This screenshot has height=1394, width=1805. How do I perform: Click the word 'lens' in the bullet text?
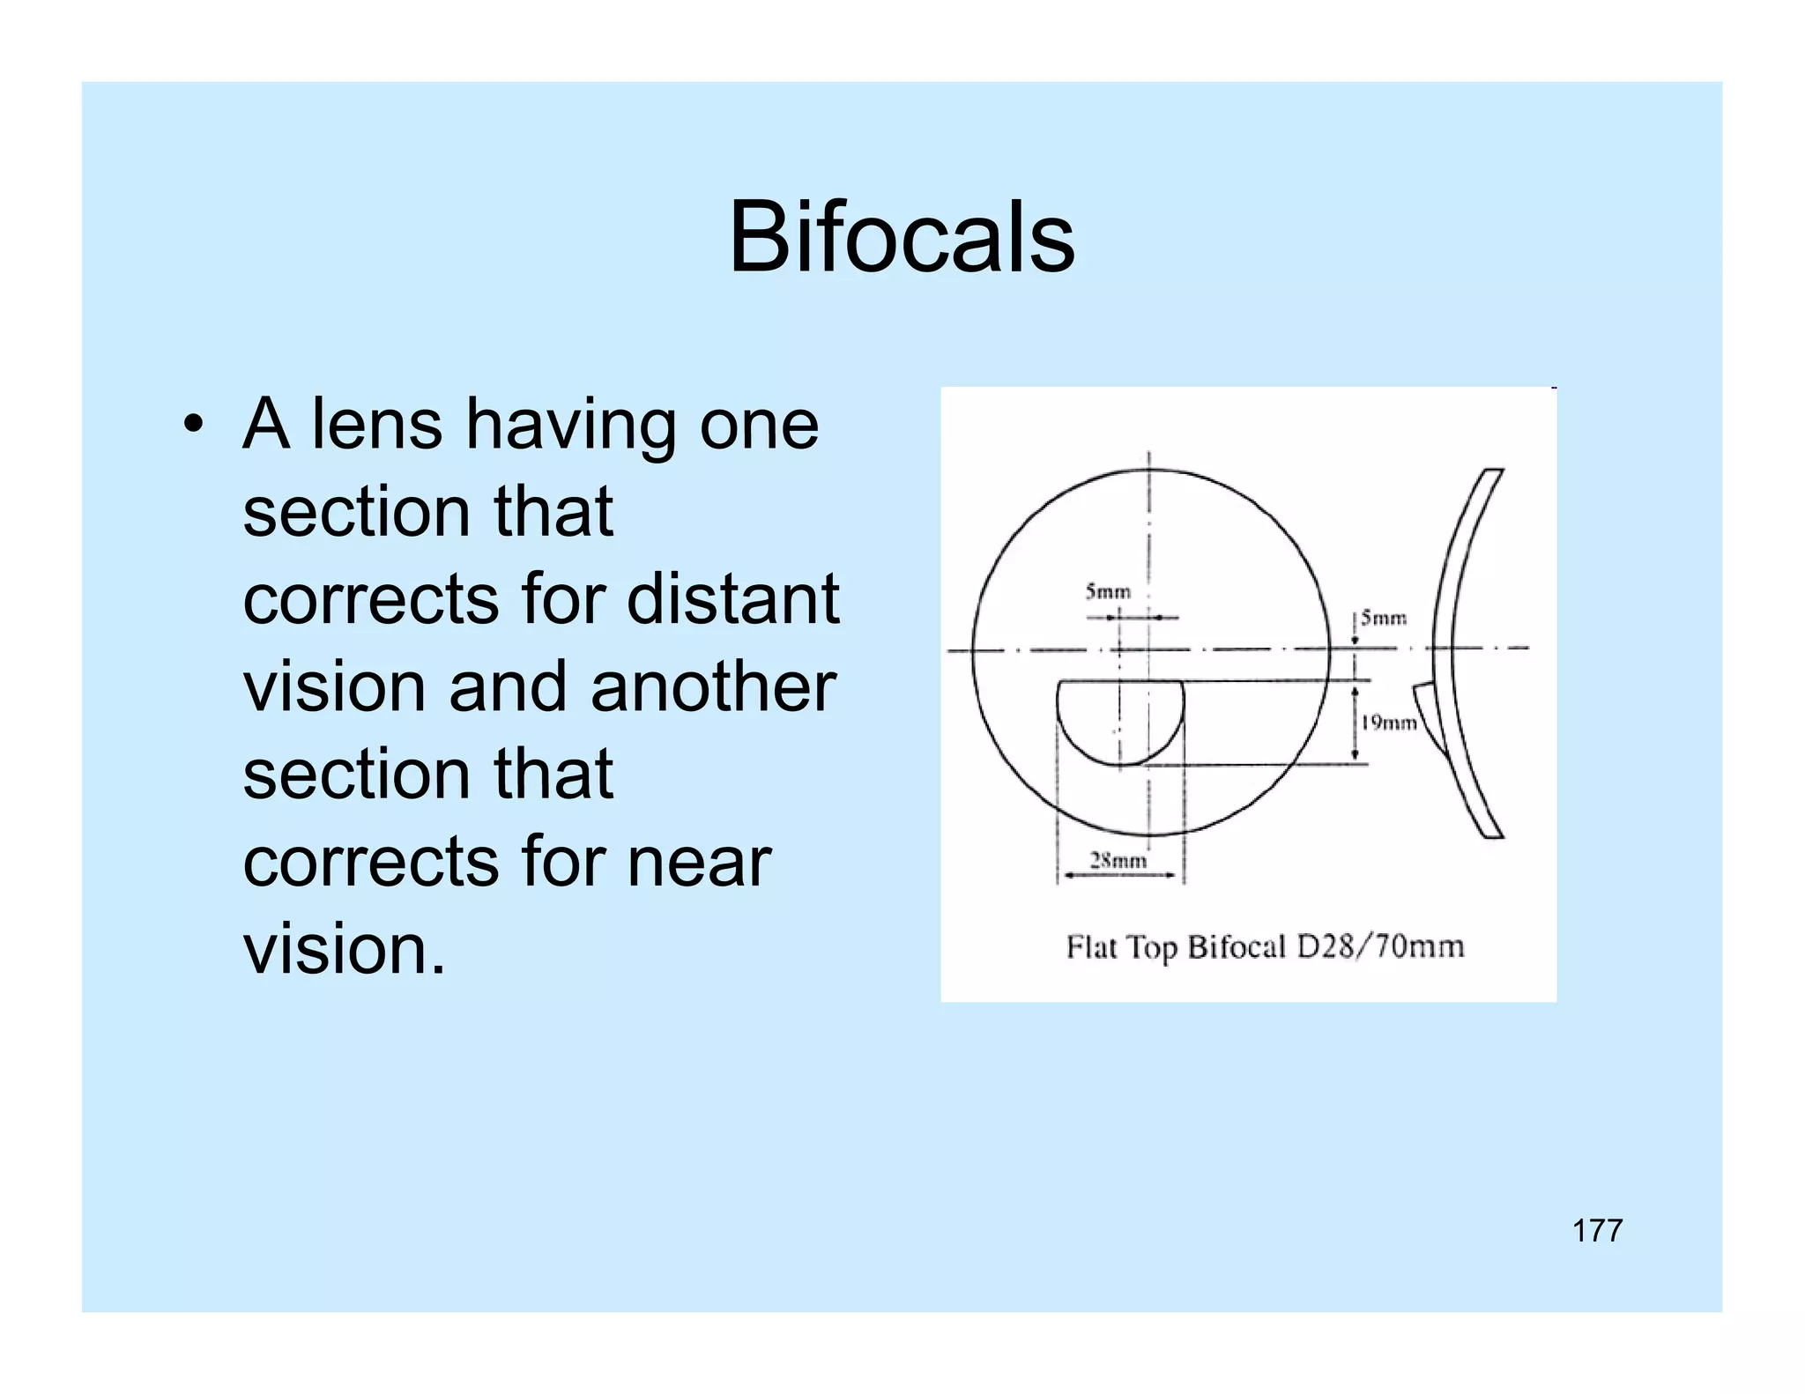[x=376, y=425]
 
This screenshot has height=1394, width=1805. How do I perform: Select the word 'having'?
[x=570, y=426]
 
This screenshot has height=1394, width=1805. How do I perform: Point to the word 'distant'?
[x=732, y=599]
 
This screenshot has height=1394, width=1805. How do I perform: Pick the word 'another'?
[x=713, y=687]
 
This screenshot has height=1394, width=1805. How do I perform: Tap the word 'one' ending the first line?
[x=759, y=425]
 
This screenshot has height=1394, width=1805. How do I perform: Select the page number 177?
[x=1597, y=1230]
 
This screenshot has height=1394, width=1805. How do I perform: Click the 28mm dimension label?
[x=1118, y=861]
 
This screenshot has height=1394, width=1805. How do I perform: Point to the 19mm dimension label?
[x=1388, y=723]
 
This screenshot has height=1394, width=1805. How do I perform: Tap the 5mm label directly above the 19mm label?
[x=1383, y=618]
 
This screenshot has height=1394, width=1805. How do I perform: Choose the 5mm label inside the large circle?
[x=1107, y=591]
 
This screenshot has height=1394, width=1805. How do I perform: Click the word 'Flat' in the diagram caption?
[x=1092, y=947]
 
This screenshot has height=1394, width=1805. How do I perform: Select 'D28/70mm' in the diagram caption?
[x=1379, y=947]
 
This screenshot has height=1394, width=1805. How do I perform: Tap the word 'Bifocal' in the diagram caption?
[x=1237, y=947]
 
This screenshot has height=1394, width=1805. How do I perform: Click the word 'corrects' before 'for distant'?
[x=370, y=599]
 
